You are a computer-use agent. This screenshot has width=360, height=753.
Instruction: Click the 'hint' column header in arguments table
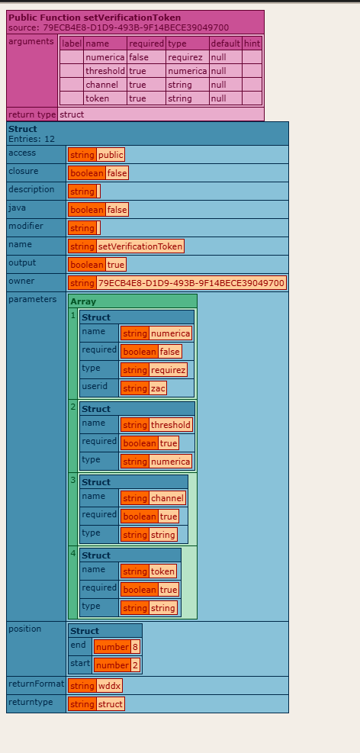coord(252,43)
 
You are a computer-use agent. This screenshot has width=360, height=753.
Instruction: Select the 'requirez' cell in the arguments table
coord(187,57)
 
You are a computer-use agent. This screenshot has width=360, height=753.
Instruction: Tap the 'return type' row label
coord(32,114)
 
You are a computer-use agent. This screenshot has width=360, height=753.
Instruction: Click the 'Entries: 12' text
coord(31,139)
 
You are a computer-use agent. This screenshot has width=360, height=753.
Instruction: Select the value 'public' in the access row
coord(111,155)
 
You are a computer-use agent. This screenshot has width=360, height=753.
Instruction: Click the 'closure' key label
coord(23,171)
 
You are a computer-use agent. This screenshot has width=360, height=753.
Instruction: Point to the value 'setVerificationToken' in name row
coord(140,246)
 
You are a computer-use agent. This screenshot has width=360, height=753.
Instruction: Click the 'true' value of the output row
coord(116,265)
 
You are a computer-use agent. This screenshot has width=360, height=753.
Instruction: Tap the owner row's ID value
coord(191,283)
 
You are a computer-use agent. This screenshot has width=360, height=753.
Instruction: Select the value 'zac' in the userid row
coord(158,388)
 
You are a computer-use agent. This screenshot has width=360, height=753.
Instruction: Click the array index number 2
coord(73,407)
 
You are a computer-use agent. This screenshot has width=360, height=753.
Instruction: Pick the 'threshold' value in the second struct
coord(171,424)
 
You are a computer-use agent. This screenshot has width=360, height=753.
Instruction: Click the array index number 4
coord(73,553)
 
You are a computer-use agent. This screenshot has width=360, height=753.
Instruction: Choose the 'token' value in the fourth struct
coord(162,571)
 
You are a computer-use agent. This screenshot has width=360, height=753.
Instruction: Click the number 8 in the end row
coord(135,647)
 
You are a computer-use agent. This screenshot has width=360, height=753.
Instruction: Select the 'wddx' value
coord(109,686)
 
